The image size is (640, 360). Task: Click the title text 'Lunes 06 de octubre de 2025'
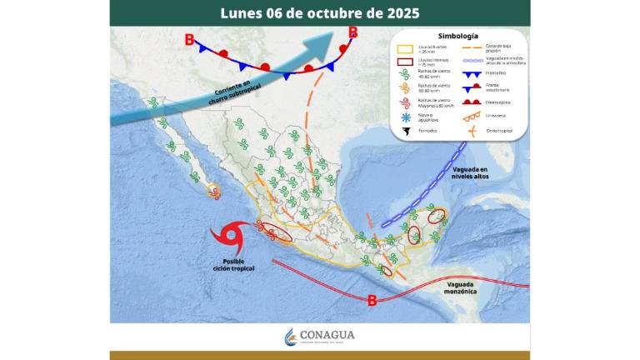(x=320, y=13)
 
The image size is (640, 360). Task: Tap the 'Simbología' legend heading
(x=457, y=37)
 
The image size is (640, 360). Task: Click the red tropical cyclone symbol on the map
(x=227, y=239)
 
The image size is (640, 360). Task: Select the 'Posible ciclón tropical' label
(x=232, y=265)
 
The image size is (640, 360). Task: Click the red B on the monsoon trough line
(x=372, y=300)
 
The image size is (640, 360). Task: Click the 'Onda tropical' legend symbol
(x=472, y=130)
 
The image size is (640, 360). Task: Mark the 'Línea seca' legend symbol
(x=472, y=116)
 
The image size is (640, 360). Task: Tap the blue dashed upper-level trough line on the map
(x=426, y=191)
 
